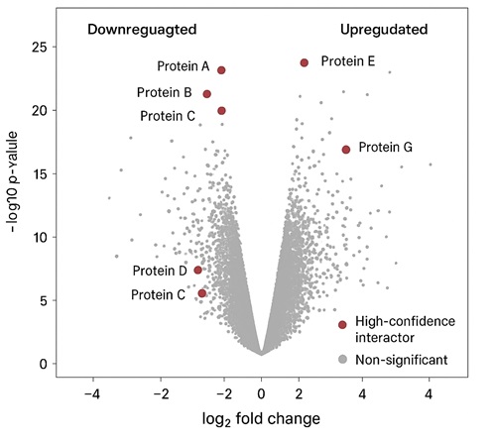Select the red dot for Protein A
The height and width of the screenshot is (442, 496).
(x=221, y=70)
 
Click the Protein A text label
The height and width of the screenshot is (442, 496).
(x=183, y=67)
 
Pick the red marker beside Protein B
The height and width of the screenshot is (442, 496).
(x=207, y=94)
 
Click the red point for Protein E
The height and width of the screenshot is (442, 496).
(x=305, y=62)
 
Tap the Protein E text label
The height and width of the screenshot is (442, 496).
(x=348, y=61)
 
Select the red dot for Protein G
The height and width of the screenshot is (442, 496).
(x=346, y=150)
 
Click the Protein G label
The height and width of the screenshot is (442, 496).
(x=385, y=148)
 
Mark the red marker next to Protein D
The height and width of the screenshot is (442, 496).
(x=198, y=270)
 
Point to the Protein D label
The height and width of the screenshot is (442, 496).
(x=160, y=271)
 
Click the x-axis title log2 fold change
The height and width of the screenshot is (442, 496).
(x=261, y=418)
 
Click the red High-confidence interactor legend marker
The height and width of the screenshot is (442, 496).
(x=342, y=324)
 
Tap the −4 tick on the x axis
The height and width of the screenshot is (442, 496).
(x=92, y=392)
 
